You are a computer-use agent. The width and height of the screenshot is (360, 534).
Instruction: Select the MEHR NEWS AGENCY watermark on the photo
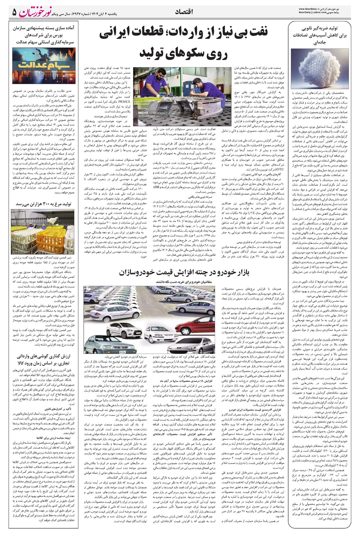(x=149, y=113)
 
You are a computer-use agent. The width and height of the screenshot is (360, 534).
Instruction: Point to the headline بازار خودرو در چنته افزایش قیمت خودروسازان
(x=184, y=272)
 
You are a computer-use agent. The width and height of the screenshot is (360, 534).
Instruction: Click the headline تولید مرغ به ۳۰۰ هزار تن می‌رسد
(x=43, y=204)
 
